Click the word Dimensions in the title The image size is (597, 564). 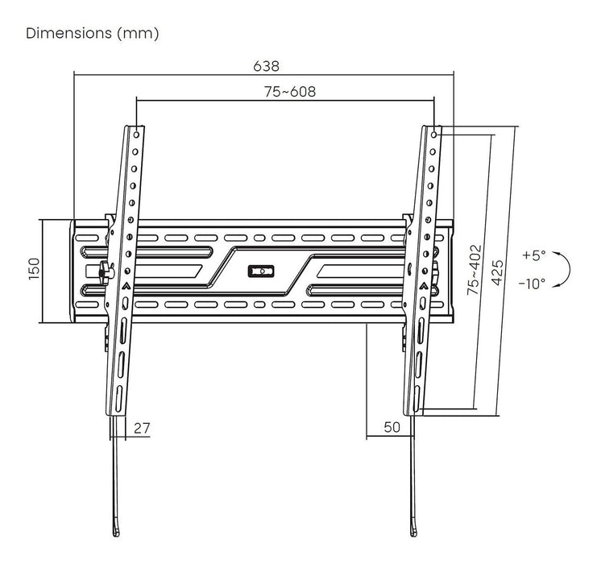pyautogui.click(x=68, y=34)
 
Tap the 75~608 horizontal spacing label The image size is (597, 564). pyautogui.click(x=289, y=91)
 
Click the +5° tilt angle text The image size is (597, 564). pyautogui.click(x=533, y=255)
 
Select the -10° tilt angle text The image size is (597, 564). pyautogui.click(x=532, y=283)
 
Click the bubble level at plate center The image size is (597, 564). pyautogui.click(x=263, y=271)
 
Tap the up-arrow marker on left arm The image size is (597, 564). pyautogui.click(x=126, y=286)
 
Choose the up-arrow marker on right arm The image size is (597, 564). pyautogui.click(x=423, y=286)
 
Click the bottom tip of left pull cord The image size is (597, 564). pyautogui.click(x=116, y=533)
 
